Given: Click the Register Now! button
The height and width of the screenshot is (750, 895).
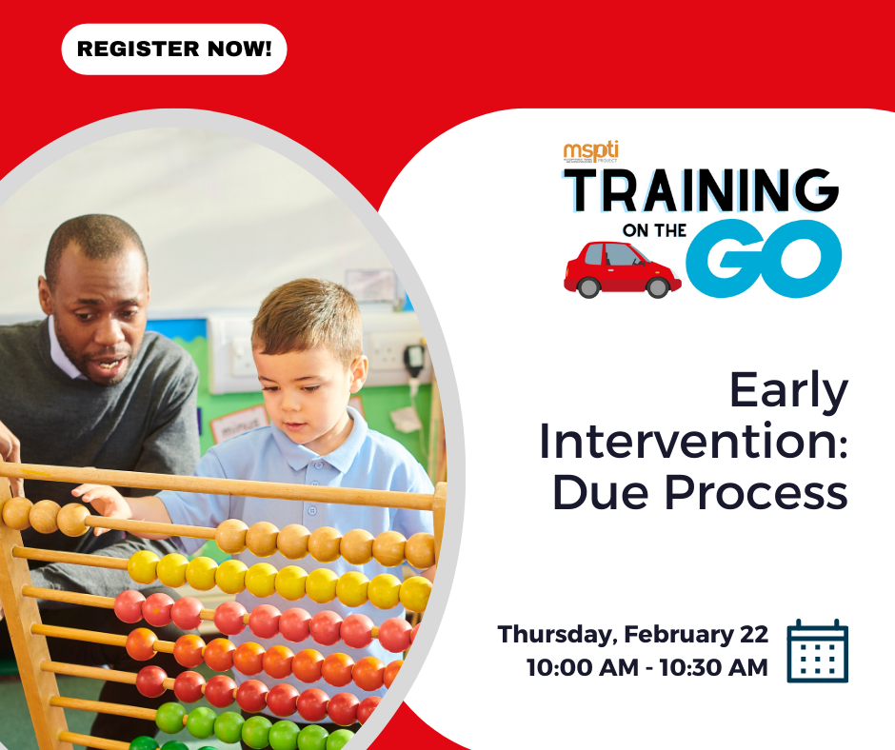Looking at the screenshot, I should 174,49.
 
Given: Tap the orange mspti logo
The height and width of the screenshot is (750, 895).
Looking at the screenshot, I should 590,151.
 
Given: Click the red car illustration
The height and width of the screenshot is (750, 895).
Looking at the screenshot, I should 622,267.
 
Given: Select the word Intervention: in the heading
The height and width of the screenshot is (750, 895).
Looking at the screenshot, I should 693,443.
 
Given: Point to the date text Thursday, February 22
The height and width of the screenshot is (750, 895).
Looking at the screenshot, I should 633,634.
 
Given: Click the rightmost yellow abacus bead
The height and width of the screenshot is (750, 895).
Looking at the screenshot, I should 416,594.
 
